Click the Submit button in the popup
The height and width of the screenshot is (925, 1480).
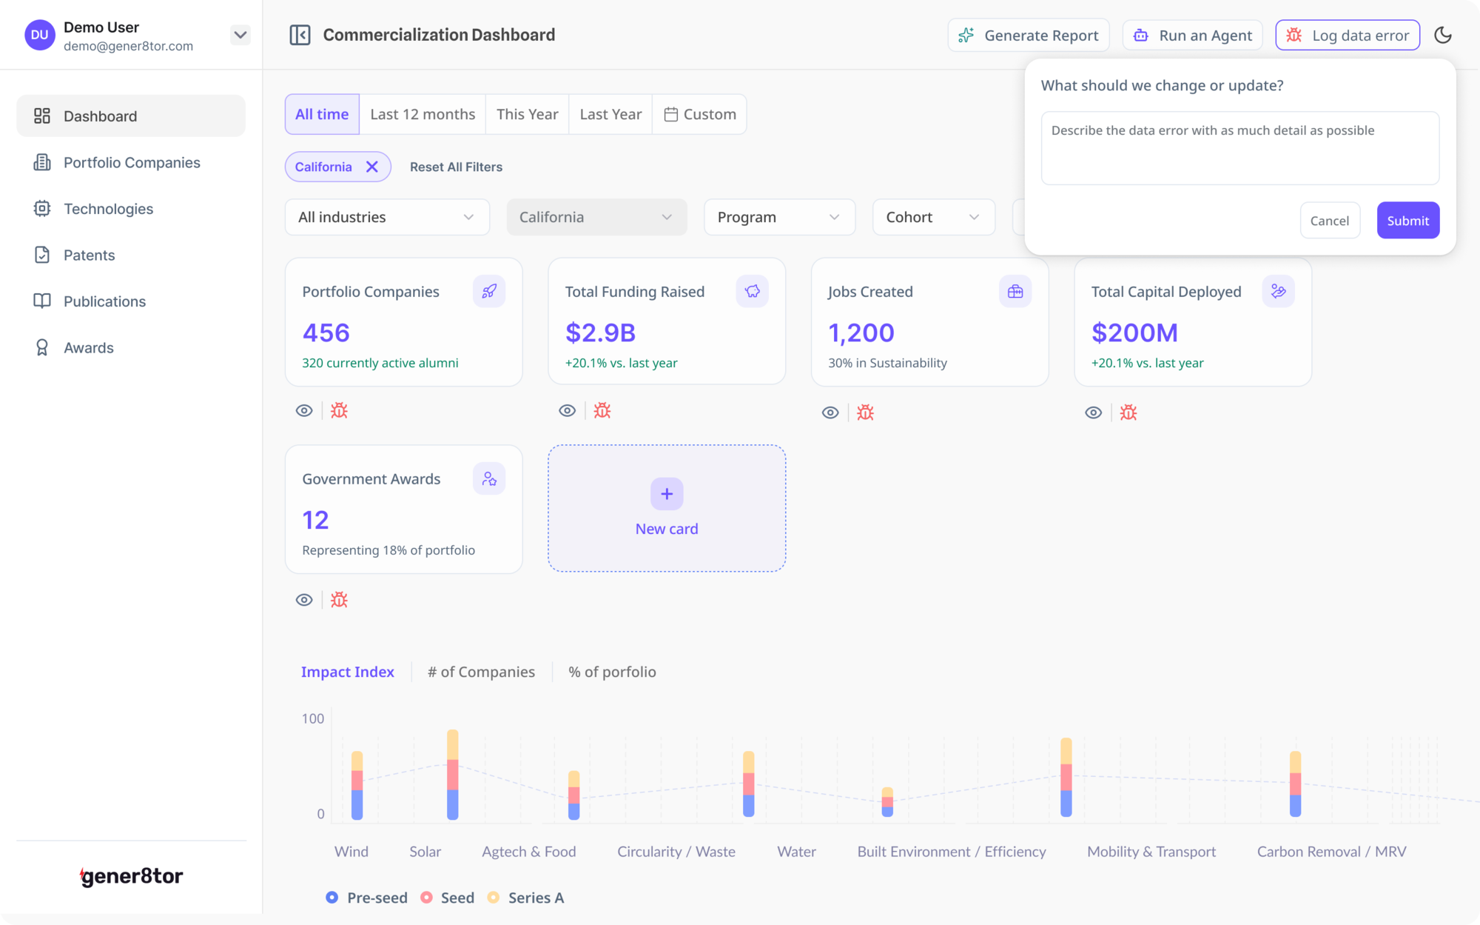(1407, 221)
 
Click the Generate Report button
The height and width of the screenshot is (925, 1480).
(1029, 36)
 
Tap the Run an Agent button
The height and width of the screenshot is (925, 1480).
(1192, 36)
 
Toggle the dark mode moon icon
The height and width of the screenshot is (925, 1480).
(1443, 35)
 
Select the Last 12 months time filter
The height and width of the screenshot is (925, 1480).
(423, 114)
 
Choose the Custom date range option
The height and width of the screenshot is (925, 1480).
(699, 114)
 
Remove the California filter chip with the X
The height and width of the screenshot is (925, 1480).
(372, 167)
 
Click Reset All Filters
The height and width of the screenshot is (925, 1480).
(456, 167)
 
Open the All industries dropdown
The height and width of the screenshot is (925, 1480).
(387, 217)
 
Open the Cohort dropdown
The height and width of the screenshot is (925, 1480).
(933, 217)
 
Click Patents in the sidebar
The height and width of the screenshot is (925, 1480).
(89, 256)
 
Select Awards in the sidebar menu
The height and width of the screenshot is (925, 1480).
(88, 348)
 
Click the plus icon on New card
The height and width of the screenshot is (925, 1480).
(667, 494)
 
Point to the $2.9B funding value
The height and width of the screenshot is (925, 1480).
(600, 333)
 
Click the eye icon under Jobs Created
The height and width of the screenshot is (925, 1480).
(830, 413)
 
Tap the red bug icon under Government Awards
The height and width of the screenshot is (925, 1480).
(339, 600)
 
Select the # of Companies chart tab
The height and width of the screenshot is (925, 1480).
(481, 672)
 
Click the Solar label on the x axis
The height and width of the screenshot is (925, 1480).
(425, 852)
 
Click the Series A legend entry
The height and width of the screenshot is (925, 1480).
(526, 898)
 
